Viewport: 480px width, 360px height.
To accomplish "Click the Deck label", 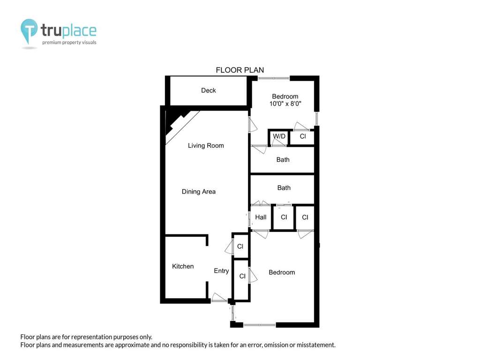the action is point(208,90).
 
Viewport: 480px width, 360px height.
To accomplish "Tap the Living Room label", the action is point(206,146).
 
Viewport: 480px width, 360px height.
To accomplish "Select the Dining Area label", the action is point(199,192).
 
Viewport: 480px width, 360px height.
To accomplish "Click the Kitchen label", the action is point(183,266).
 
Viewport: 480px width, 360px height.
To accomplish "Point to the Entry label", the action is point(221,271).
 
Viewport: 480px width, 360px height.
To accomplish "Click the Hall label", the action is point(261,217).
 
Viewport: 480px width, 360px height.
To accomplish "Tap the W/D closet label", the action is point(279,136).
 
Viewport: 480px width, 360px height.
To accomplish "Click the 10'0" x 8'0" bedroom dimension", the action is point(285,104).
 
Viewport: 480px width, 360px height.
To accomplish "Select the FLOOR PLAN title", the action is point(240,70).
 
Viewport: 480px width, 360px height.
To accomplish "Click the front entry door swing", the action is point(218,297).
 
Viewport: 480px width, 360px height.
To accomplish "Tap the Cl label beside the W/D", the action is point(303,136).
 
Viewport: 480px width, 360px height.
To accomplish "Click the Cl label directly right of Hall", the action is point(284,217).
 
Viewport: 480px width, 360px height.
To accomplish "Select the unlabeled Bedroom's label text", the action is point(282,272).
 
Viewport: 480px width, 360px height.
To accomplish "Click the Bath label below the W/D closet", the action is point(283,160).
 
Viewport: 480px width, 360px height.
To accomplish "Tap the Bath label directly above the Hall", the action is point(284,188).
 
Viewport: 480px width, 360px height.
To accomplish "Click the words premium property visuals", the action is point(69,43).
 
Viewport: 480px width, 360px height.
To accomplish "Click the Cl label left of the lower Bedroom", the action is point(242,276).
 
